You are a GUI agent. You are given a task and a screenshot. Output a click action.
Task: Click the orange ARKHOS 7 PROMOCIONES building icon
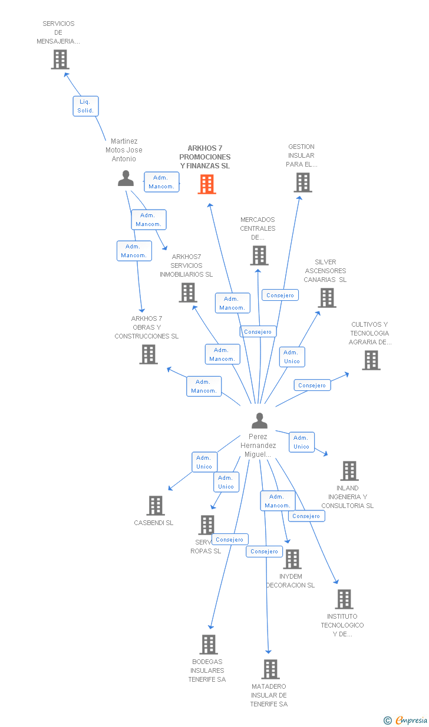tap(207, 184)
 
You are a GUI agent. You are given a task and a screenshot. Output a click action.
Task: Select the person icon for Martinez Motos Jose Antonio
tap(126, 178)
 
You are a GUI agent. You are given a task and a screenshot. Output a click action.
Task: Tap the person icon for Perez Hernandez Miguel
tap(259, 420)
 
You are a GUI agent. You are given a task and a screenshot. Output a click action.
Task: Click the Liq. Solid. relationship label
tap(85, 106)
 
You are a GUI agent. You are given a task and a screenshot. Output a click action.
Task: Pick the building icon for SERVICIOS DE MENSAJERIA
tap(60, 59)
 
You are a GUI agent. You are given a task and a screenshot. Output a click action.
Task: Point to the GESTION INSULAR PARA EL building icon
tap(302, 182)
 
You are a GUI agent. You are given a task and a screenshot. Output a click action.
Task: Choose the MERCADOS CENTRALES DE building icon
tap(259, 255)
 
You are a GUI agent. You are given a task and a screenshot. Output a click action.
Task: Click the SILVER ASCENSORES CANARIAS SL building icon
tap(327, 298)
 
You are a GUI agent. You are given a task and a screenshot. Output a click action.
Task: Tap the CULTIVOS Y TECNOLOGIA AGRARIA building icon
tap(371, 360)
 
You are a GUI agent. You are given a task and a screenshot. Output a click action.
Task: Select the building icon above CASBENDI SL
tap(155, 506)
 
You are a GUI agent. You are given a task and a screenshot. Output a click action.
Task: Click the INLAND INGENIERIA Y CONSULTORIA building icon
tap(349, 471)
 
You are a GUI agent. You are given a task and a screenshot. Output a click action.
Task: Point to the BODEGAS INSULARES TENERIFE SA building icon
tap(208, 645)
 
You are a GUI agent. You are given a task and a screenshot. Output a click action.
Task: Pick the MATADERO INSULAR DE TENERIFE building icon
tap(270, 669)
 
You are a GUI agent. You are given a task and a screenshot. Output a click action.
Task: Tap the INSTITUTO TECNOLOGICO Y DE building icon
tap(344, 599)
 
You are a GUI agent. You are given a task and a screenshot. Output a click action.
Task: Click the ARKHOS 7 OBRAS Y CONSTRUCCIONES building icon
tap(148, 354)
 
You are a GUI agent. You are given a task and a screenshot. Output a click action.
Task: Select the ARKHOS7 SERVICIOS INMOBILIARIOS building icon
tap(187, 293)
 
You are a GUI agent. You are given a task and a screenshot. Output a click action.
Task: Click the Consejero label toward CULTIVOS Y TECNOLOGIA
tap(312, 385)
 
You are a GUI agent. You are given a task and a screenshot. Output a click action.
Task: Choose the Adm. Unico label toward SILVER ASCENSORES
tap(292, 357)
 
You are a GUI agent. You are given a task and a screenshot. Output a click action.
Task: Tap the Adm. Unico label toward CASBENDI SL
tap(204, 462)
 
